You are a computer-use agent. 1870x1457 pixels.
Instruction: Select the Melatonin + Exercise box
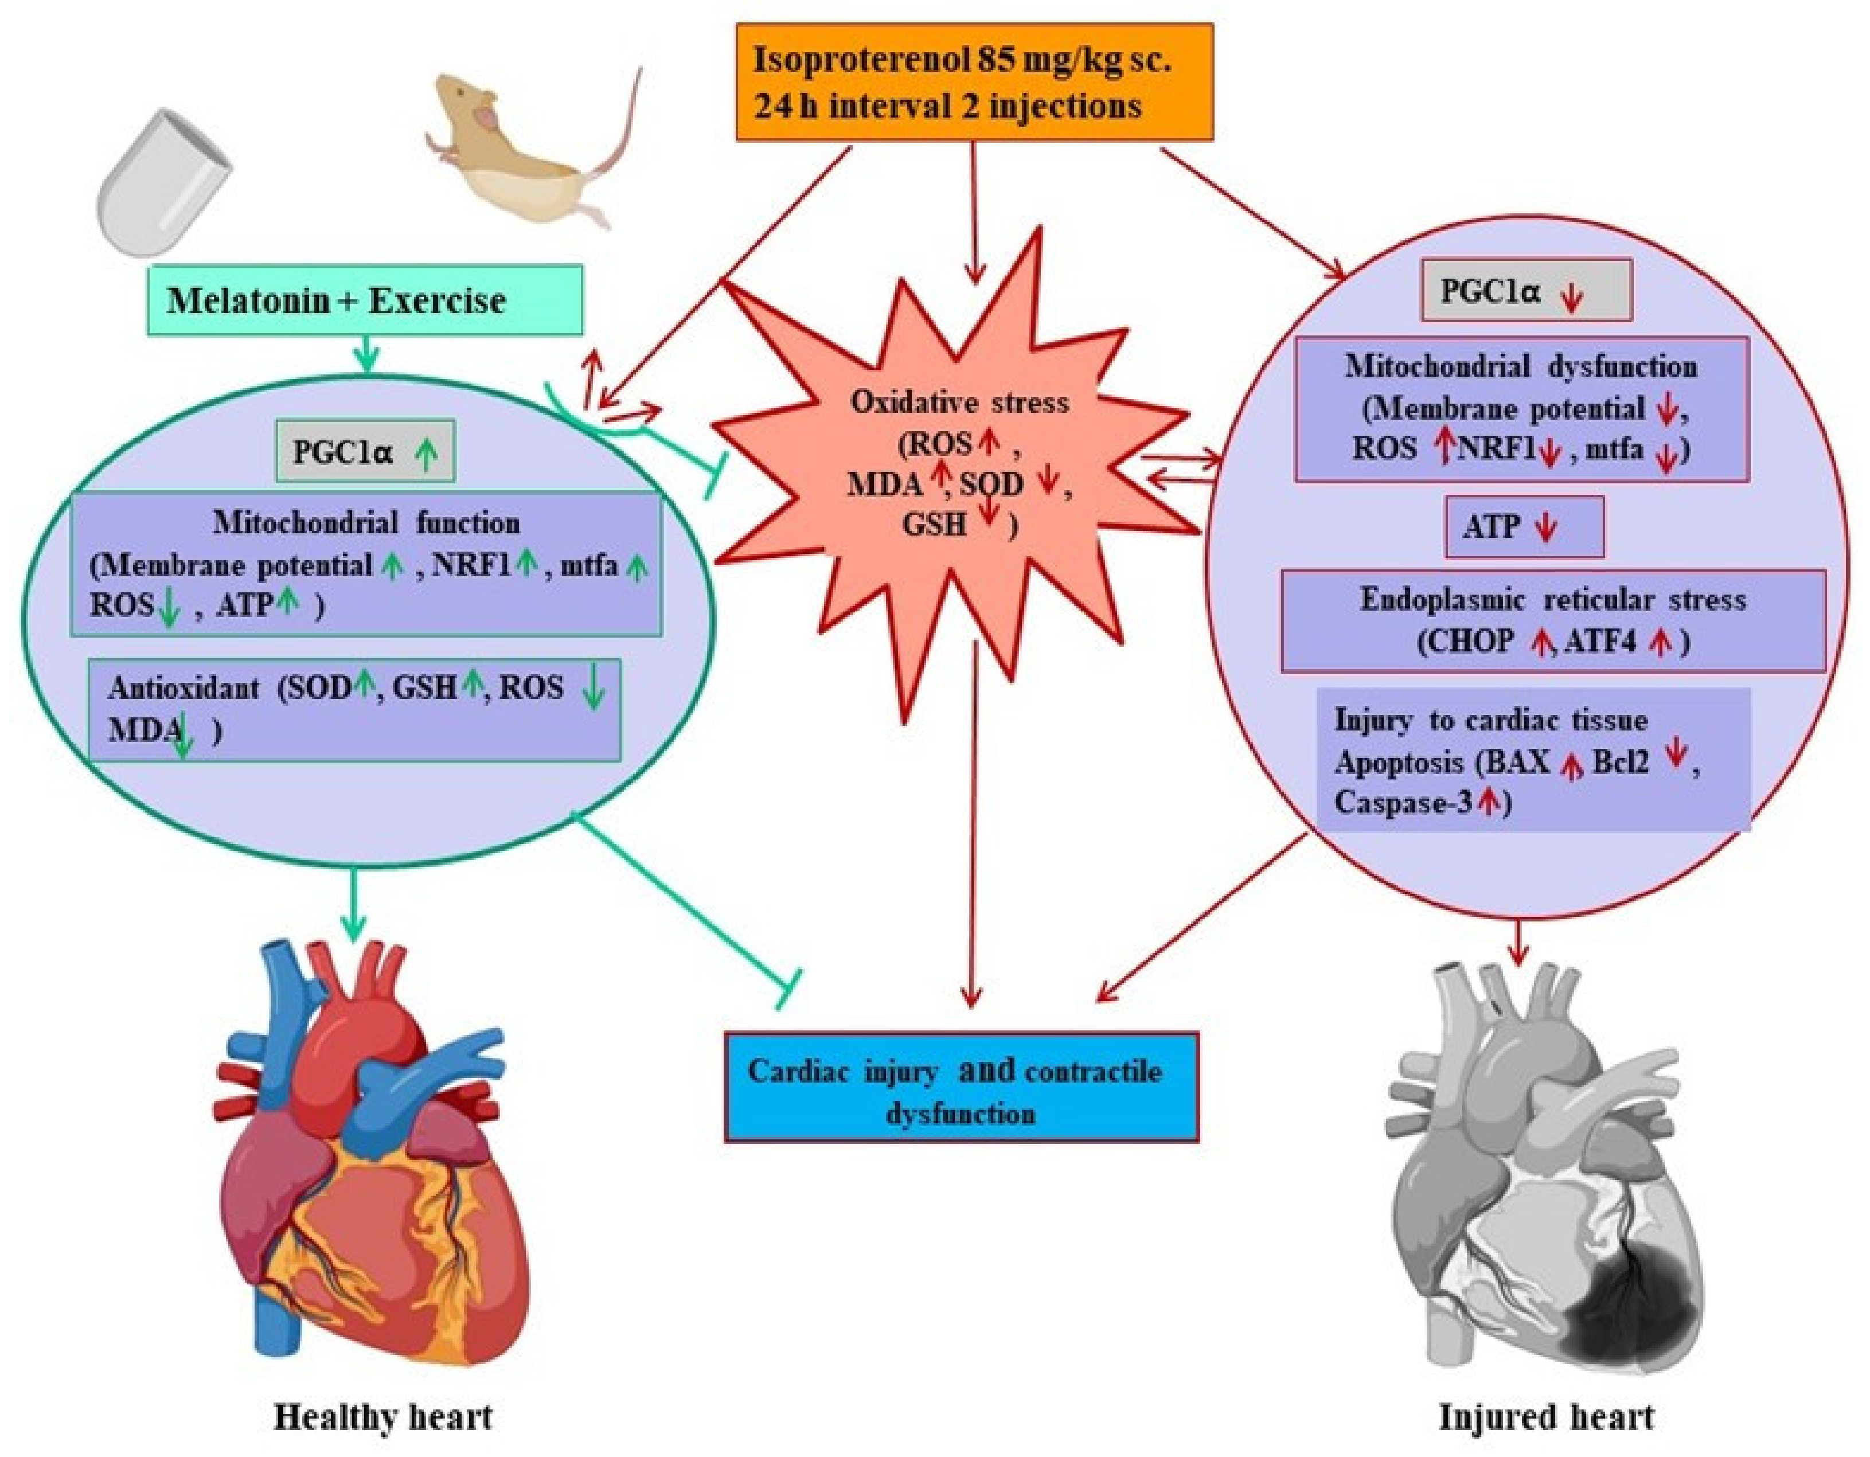point(366,300)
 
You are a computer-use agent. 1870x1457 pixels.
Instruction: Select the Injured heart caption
point(1547,1417)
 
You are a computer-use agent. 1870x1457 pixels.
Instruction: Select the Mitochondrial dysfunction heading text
point(1521,367)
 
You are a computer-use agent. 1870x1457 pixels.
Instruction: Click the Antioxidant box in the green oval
point(354,709)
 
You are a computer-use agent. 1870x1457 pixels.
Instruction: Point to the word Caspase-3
point(1405,802)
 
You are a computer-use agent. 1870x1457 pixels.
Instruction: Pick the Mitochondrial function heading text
point(366,522)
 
